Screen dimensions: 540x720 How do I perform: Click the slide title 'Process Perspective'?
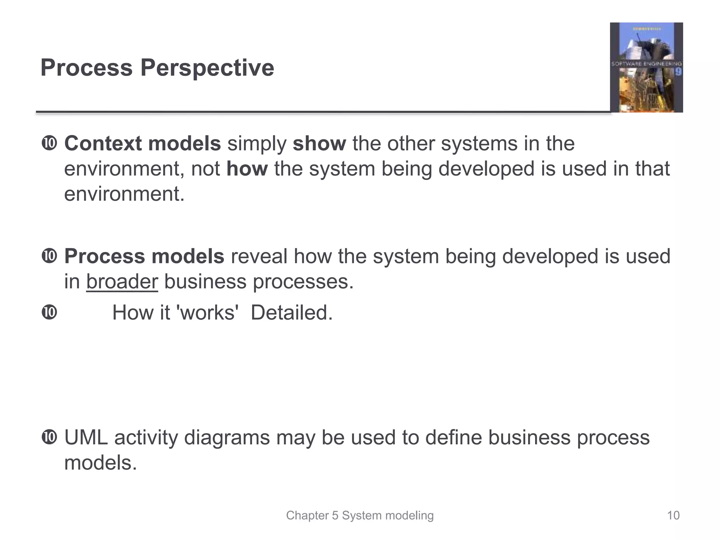(157, 67)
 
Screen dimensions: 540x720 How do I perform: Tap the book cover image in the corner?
(646, 67)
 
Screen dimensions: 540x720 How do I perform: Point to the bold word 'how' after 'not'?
(247, 169)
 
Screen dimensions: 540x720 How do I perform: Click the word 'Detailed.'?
(291, 313)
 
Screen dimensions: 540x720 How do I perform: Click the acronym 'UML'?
(86, 438)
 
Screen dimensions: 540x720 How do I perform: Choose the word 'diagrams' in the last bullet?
(227, 438)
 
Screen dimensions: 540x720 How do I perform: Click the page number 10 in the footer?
(673, 515)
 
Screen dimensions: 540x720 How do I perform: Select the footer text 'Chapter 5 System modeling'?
(360, 515)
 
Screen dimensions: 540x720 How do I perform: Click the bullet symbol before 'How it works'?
(49, 313)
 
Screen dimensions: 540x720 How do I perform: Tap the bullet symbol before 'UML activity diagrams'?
(49, 438)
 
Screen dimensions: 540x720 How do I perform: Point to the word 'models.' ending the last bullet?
(100, 463)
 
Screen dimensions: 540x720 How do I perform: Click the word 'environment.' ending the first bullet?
(124, 194)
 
